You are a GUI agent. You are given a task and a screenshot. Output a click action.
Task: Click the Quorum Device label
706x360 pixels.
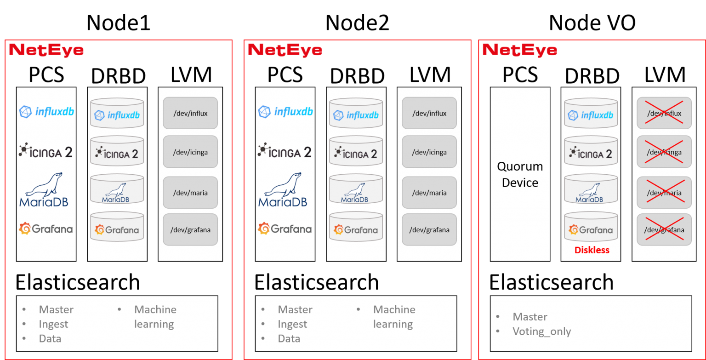[520, 174]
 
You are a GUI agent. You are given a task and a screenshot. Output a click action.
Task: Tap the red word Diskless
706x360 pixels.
[592, 250]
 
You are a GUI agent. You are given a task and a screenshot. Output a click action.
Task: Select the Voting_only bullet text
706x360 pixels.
[541, 331]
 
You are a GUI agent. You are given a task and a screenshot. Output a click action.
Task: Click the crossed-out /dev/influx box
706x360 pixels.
[664, 113]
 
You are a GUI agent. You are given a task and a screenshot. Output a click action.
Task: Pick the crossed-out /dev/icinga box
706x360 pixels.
[664, 152]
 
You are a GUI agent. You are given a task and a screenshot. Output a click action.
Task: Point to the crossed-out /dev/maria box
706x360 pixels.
[664, 193]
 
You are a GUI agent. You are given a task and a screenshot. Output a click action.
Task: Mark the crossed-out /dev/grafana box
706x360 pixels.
[664, 229]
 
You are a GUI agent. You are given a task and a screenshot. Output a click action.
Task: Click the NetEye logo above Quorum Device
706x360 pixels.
[519, 50]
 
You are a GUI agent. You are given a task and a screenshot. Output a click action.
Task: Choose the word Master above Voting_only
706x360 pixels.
[530, 317]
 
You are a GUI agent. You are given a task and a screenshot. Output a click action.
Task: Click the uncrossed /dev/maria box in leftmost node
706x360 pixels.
[190, 193]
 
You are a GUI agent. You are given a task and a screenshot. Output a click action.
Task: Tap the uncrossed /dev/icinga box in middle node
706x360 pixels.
[429, 152]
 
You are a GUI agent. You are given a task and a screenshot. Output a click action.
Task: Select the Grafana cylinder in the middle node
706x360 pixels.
[356, 227]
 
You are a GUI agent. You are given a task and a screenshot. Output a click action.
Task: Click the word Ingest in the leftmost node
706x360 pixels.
[53, 324]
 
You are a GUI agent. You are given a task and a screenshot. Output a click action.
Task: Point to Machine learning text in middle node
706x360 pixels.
[394, 317]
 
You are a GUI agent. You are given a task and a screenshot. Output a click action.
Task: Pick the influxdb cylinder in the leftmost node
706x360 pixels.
[117, 113]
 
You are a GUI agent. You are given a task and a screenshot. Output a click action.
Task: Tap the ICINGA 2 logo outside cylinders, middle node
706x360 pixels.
[285, 151]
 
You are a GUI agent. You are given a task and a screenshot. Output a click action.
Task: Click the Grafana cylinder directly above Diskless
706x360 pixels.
[591, 227]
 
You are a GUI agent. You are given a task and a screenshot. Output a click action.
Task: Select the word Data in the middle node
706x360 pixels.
[289, 339]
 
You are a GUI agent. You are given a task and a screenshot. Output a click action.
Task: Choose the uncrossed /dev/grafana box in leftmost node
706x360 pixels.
[190, 229]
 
